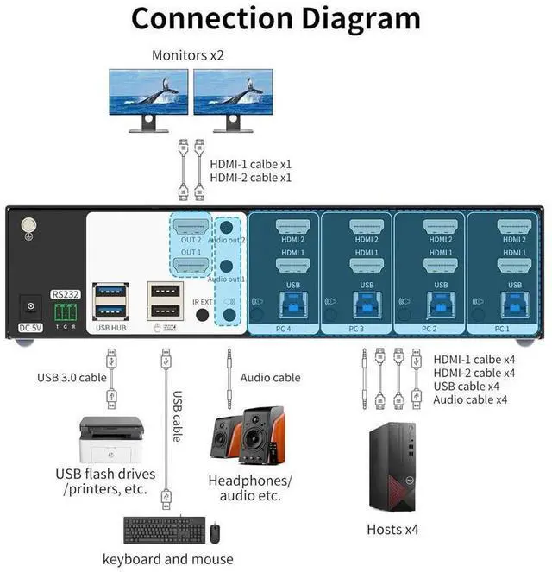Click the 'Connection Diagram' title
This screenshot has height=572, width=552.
pos(275,19)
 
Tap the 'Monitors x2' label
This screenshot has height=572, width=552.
pos(188,55)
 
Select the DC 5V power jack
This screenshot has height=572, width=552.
pos(32,306)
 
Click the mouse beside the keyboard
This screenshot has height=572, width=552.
pos(215,532)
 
